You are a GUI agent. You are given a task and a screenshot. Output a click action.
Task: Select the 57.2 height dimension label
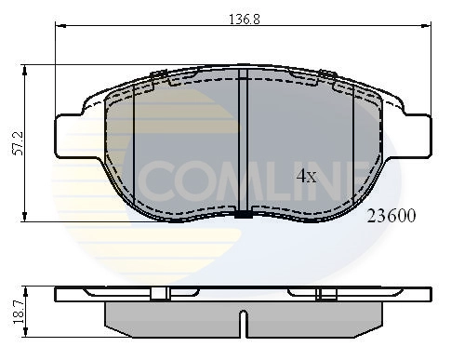[12, 142]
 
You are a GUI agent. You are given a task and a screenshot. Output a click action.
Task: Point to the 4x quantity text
[307, 174]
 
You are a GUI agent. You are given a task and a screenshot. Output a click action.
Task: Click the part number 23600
[391, 215]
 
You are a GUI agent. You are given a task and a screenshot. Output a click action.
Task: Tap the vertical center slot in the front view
[242, 140]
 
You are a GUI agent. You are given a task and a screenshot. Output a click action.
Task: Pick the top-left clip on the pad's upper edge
[157, 74]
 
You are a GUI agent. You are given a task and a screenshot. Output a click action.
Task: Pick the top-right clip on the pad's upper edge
[326, 74]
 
